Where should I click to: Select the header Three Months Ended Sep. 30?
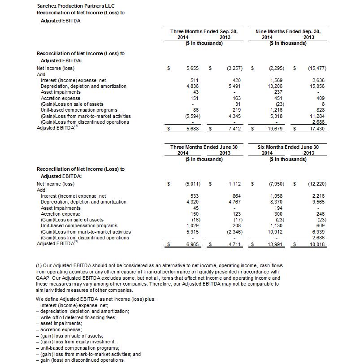point(204,31)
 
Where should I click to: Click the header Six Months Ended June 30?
point(288,147)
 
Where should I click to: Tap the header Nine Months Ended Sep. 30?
point(288,31)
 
